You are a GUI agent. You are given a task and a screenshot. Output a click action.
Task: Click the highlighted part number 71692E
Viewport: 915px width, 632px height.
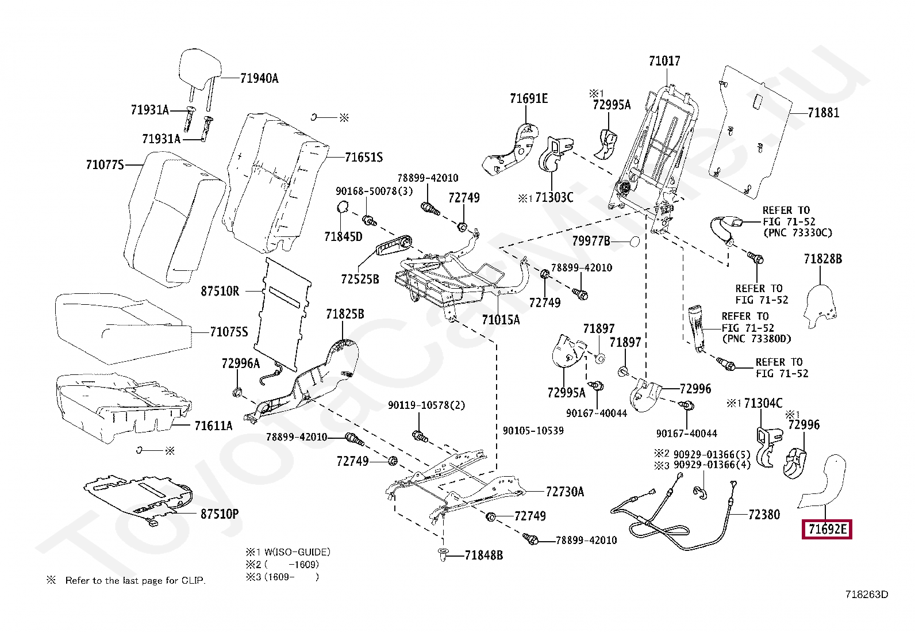(826, 529)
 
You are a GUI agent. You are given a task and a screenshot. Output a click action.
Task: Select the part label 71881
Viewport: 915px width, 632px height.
(823, 113)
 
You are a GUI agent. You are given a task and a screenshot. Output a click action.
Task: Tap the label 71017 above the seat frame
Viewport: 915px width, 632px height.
(664, 61)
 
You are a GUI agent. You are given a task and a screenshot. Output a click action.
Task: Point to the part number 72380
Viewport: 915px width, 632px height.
(764, 515)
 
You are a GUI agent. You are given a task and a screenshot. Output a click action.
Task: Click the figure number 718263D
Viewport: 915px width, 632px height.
(866, 595)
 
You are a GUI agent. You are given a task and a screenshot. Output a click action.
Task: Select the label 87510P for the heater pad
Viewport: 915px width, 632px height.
(220, 514)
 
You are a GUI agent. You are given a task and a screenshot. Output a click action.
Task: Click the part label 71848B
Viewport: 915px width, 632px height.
(483, 556)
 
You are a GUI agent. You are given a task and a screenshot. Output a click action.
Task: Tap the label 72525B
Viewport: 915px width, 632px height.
(360, 279)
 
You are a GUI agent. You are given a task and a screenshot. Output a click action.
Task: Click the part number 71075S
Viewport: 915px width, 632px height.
(229, 332)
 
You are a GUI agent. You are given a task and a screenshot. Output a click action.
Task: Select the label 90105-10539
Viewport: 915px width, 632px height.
(533, 431)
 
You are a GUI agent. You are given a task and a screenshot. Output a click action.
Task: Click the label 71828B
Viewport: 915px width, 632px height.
(822, 259)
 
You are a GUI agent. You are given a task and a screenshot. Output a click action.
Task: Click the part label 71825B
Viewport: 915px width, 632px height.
(345, 314)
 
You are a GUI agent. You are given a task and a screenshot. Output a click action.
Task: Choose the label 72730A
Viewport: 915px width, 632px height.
(564, 492)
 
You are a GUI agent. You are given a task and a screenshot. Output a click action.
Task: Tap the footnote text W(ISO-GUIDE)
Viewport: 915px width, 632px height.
(293, 552)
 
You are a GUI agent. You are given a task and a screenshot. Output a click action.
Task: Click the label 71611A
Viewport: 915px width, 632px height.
(213, 426)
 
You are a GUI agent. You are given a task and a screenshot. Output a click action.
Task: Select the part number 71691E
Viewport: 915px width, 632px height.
(529, 99)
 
